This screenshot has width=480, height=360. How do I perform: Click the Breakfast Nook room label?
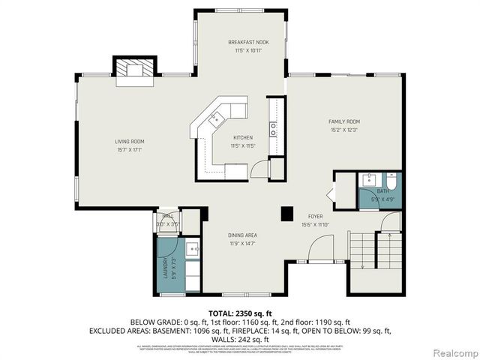point(248,43)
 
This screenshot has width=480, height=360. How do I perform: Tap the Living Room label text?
point(129,142)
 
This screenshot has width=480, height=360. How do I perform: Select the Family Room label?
point(344,121)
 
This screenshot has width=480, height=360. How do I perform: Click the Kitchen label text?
point(242,137)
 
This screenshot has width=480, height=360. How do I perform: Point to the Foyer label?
point(314,216)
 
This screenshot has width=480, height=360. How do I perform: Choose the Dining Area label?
point(242,235)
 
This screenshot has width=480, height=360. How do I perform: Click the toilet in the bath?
point(391,181)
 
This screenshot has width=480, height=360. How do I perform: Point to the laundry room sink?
point(192,249)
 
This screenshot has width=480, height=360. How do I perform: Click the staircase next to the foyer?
point(375,252)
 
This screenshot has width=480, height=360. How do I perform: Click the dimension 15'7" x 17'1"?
point(129,150)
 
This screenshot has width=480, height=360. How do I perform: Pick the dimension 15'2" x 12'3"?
point(344,130)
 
